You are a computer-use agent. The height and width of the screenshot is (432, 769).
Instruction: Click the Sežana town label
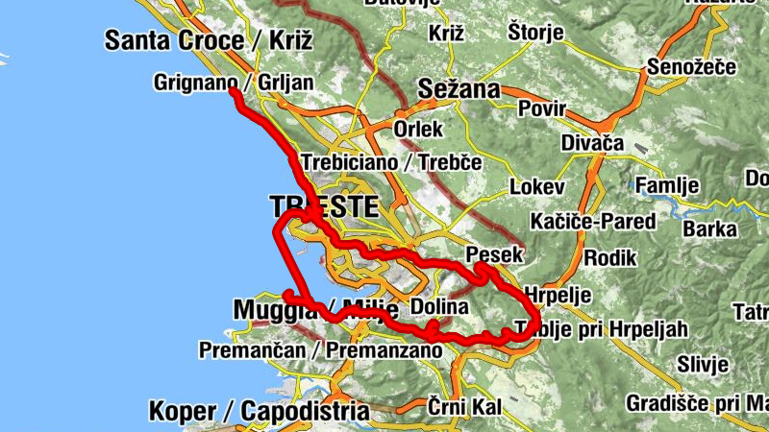pyautogui.click(x=459, y=91)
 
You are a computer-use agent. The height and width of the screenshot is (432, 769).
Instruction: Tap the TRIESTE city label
pyautogui.click(x=325, y=206)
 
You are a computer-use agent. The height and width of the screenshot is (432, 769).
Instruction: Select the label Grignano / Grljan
pyautogui.click(x=234, y=83)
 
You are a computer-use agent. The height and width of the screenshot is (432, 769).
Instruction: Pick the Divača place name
pyautogui.click(x=593, y=143)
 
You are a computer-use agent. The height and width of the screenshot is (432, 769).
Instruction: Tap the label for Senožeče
pyautogui.click(x=691, y=67)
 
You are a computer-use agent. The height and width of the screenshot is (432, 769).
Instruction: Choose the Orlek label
pyautogui.click(x=418, y=128)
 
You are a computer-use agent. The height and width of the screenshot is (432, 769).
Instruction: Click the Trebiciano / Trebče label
pyautogui.click(x=391, y=162)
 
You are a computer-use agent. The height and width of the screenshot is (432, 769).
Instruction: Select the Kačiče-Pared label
pyautogui.click(x=593, y=222)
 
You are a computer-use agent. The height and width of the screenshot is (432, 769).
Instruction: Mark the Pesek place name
pyautogui.click(x=493, y=254)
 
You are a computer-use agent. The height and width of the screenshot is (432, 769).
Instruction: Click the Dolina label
pyautogui.click(x=439, y=308)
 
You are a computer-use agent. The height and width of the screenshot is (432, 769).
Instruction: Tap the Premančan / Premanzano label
pyautogui.click(x=320, y=350)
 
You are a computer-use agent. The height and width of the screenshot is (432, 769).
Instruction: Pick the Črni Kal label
pyautogui.click(x=464, y=407)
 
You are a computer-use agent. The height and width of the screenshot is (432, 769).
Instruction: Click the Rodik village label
pyautogui.click(x=604, y=257)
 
